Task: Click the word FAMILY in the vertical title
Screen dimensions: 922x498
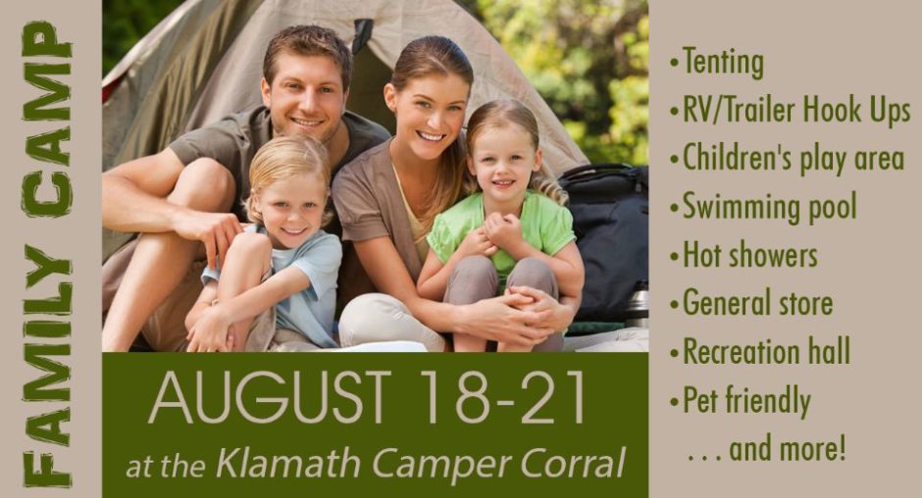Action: point(47,365)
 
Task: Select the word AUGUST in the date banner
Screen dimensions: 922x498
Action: point(271,397)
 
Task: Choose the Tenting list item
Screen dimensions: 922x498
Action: point(717,63)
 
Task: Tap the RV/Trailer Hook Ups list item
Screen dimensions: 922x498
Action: point(791,111)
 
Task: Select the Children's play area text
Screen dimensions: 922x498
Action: point(788,159)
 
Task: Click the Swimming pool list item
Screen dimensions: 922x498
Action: point(763,208)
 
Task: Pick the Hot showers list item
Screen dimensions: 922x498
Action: point(743,255)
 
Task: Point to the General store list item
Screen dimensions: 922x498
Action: point(751,303)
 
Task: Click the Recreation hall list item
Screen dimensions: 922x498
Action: point(760,352)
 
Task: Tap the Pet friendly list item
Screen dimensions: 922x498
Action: point(741,401)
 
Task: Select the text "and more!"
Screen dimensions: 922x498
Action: point(788,450)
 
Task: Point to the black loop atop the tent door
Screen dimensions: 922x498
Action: point(362,34)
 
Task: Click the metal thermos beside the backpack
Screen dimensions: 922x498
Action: point(637,305)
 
